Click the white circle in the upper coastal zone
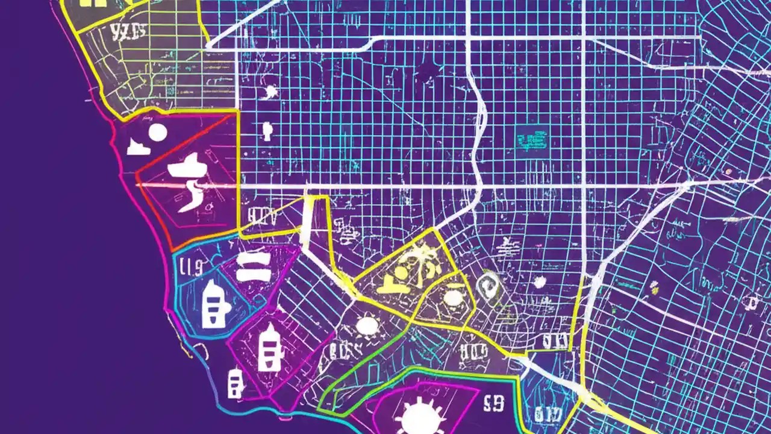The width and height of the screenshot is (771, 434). click(x=157, y=133)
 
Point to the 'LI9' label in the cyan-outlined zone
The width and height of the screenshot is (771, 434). click(x=190, y=265)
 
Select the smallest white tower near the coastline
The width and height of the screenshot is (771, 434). click(x=235, y=383)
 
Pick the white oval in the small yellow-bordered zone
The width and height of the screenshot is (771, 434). click(x=452, y=298)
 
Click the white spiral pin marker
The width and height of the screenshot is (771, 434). click(x=488, y=283)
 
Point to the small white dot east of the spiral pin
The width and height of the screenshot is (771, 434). click(x=540, y=281)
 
